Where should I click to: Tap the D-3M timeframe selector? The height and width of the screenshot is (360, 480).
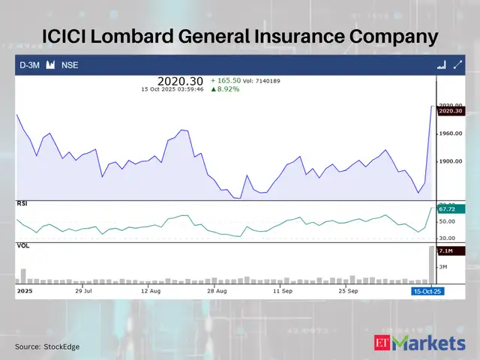click(x=29, y=65)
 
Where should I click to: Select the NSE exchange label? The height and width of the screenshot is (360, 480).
click(x=69, y=65)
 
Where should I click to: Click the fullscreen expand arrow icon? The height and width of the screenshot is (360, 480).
click(x=457, y=65)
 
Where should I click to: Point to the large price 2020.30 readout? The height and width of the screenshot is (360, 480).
click(x=181, y=80)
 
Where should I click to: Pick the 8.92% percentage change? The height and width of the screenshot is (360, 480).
click(x=224, y=88)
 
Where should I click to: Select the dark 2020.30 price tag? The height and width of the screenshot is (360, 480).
click(x=451, y=111)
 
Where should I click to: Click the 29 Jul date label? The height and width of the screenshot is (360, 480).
click(x=82, y=289)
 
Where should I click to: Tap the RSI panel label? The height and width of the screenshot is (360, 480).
click(x=23, y=204)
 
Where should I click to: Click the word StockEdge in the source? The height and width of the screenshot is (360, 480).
click(x=61, y=346)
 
